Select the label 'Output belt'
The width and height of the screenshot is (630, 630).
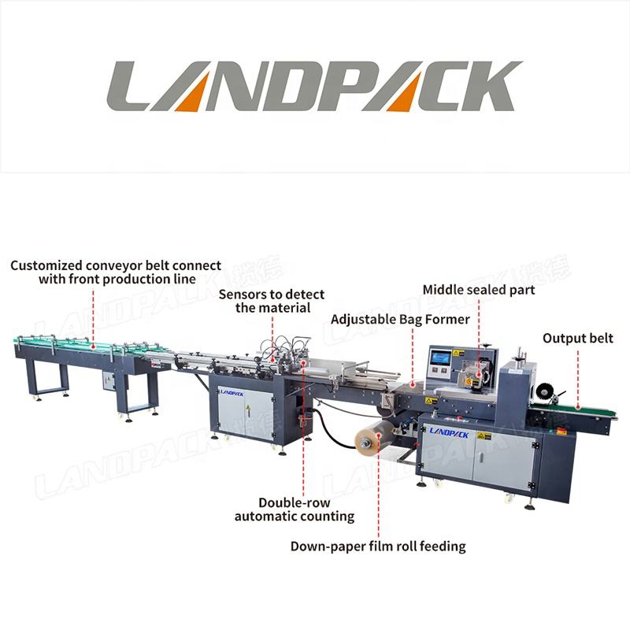[577, 339]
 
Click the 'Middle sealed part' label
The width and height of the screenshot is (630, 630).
[479, 290]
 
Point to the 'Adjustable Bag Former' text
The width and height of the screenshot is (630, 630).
[400, 319]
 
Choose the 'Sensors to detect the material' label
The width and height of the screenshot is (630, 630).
[272, 301]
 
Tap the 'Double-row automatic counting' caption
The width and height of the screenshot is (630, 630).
[295, 510]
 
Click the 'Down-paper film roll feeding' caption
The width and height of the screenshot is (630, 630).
[378, 546]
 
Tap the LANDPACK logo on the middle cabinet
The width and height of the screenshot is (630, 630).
[234, 391]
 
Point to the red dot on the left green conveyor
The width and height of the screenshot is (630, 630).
[93, 344]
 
